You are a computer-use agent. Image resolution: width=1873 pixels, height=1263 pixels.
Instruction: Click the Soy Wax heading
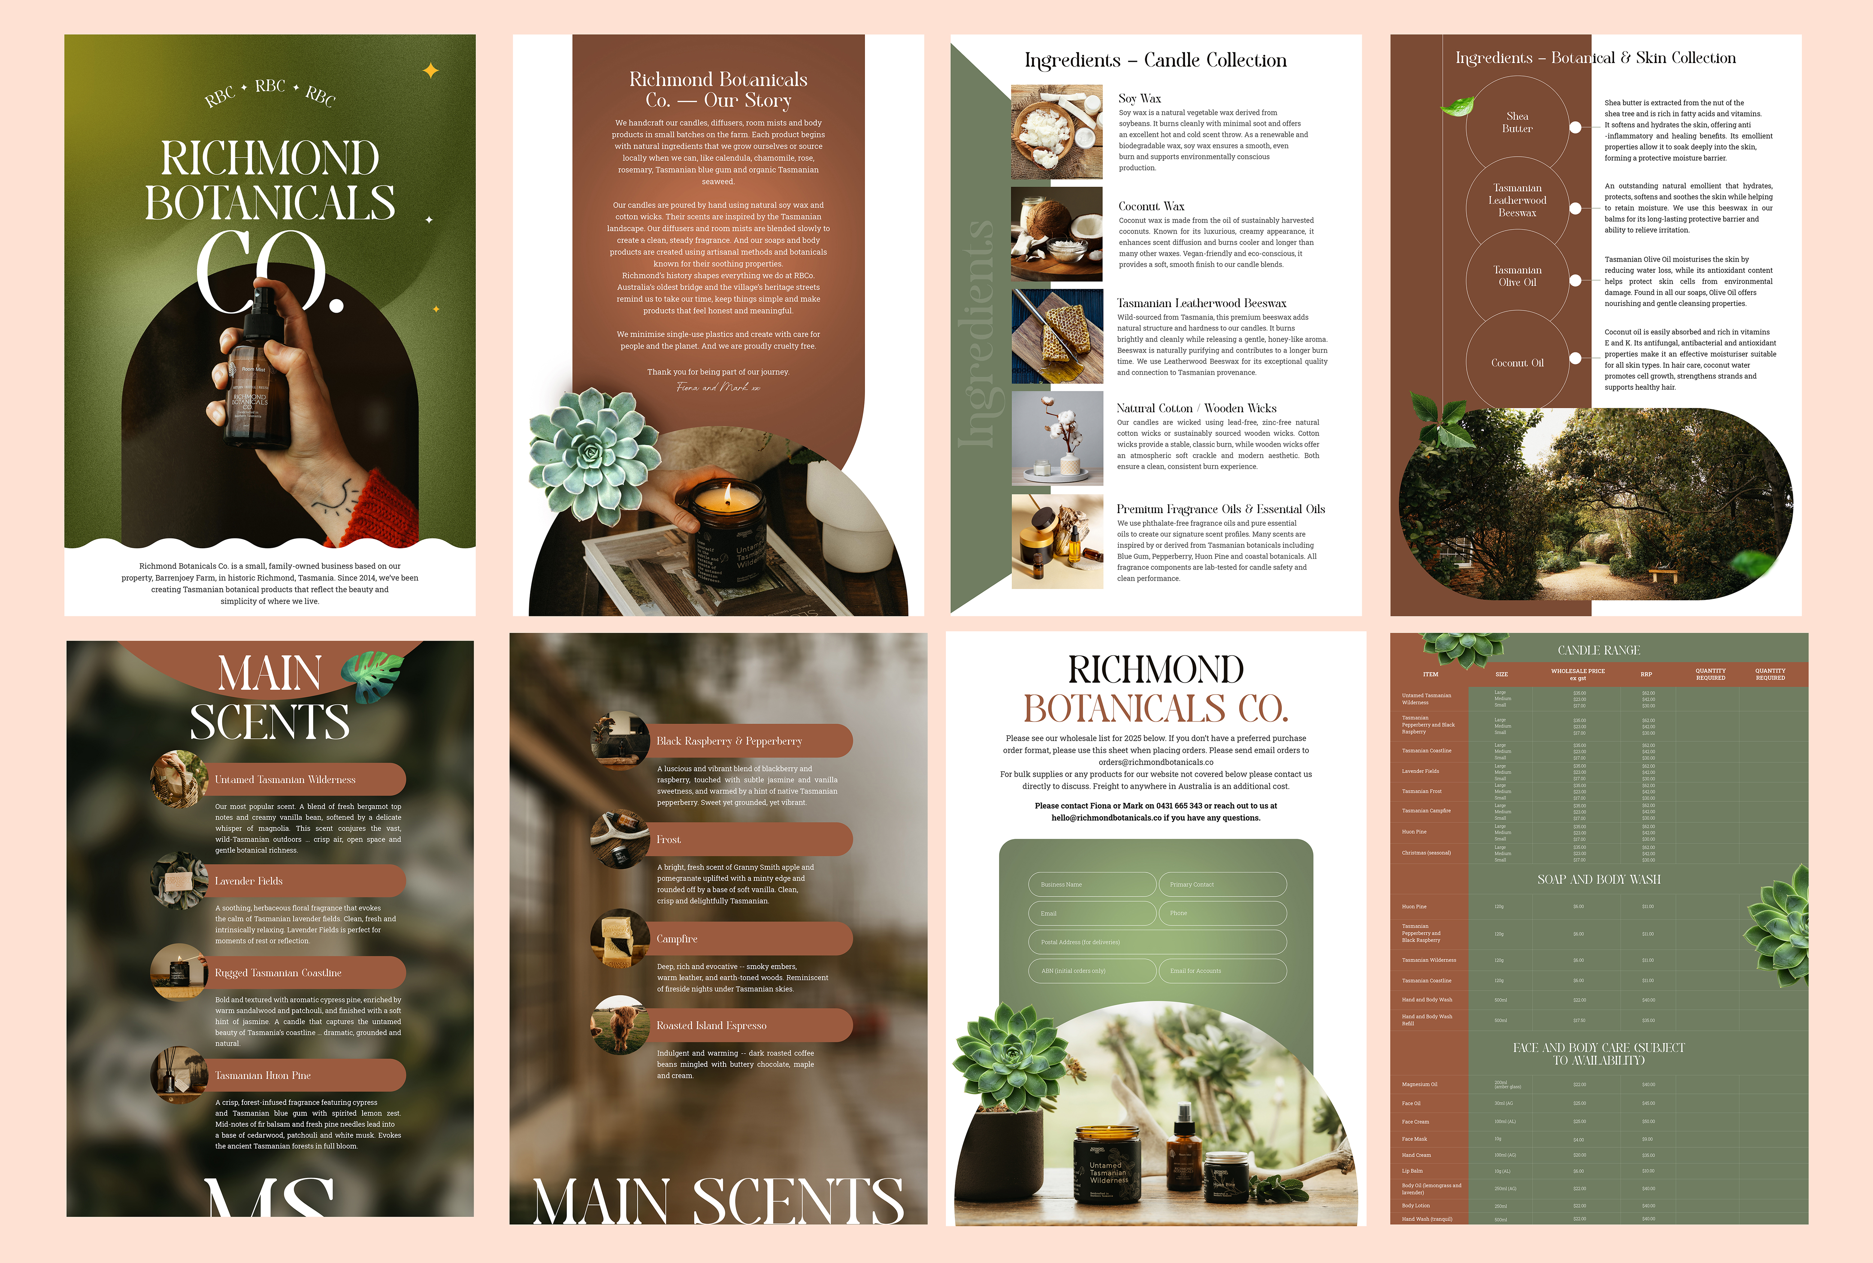[1139, 98]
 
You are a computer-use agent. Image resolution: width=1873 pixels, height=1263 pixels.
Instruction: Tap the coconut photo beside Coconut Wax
[1056, 234]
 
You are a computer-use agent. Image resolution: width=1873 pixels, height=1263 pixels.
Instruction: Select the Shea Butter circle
[1517, 122]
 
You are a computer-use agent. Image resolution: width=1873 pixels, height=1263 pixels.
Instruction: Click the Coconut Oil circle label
[1517, 363]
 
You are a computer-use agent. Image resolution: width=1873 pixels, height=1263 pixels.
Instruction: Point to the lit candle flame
[727, 493]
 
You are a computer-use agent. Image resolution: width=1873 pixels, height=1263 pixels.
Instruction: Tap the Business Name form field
[1092, 884]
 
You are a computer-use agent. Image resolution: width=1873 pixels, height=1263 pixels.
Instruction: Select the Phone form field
[1222, 913]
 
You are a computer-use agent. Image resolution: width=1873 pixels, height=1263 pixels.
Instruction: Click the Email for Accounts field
[1222, 971]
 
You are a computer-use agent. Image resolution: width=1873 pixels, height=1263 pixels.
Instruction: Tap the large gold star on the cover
[431, 71]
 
